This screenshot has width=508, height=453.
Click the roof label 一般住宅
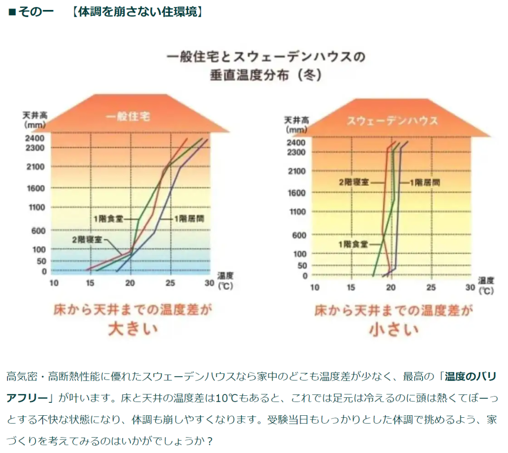click(x=128, y=117)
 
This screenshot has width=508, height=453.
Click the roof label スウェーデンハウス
click(x=392, y=121)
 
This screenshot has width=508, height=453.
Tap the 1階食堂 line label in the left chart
click(x=108, y=218)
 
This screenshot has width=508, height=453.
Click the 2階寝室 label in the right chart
click(x=354, y=182)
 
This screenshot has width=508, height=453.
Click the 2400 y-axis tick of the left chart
click(x=35, y=138)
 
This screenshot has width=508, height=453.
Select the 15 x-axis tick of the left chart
click(x=90, y=283)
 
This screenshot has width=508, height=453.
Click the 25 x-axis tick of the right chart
click(x=431, y=287)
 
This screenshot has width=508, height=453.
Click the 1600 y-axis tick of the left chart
click(x=35, y=188)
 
